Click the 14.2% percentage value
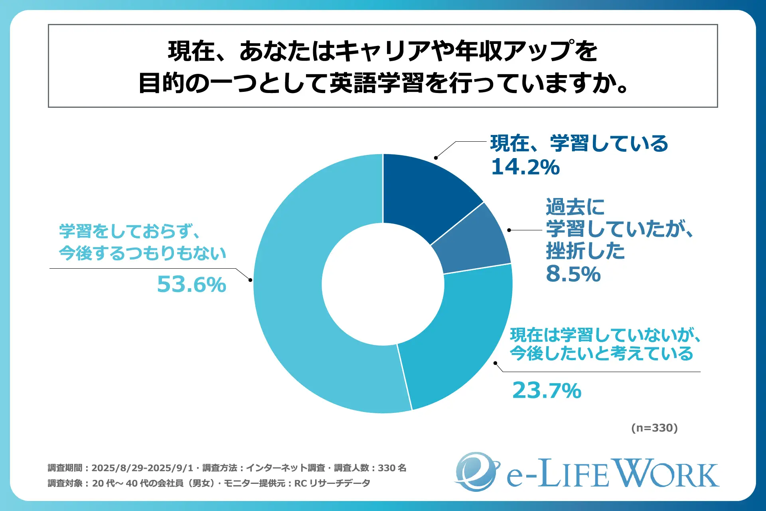coord(525,167)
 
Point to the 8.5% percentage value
coord(573,274)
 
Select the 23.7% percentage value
coord(547,390)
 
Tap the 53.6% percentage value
coord(191,284)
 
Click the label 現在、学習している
coord(579,143)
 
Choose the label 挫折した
coord(585,251)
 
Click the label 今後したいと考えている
coord(601,354)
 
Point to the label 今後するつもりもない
coord(142,253)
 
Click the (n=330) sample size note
coord(654,428)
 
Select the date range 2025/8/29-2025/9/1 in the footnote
coord(142,468)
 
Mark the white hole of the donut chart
coord(383,284)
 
